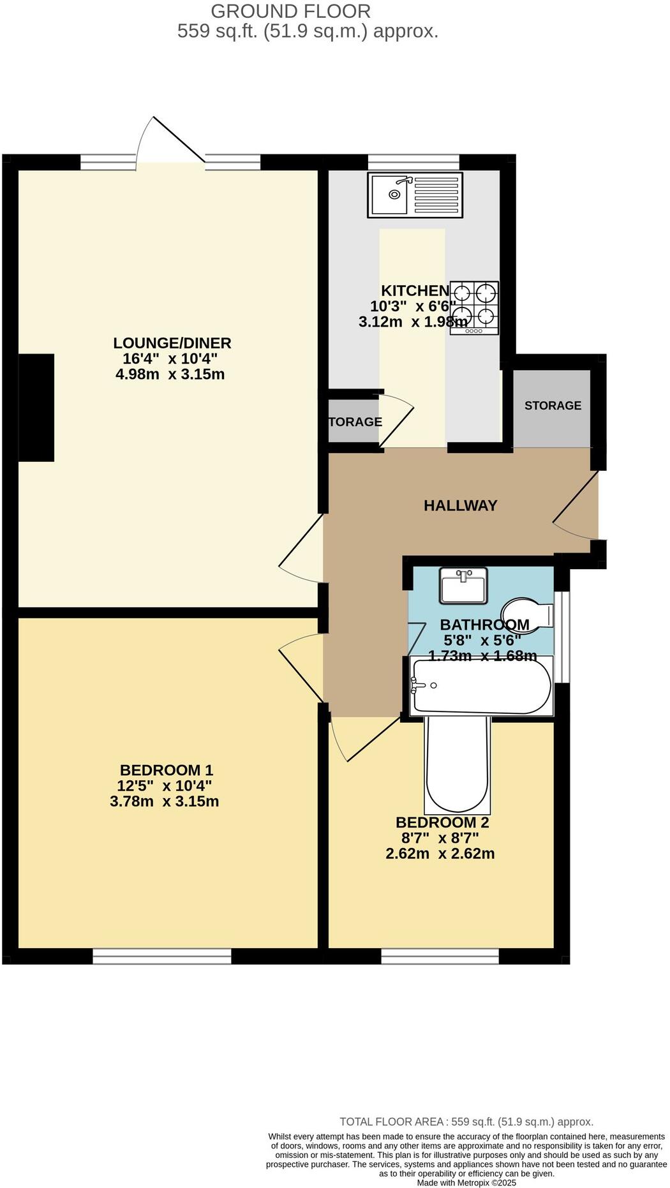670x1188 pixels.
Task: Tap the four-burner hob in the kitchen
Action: click(473, 308)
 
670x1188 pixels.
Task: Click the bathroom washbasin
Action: click(463, 584)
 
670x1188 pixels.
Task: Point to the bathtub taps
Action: click(417, 685)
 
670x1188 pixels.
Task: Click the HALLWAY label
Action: click(460, 506)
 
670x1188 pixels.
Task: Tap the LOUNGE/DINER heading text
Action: click(172, 343)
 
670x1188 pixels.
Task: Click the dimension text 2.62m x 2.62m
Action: click(440, 853)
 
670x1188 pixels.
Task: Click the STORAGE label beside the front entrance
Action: click(553, 406)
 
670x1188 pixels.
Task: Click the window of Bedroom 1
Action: click(162, 955)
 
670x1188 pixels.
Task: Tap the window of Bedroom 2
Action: click(440, 955)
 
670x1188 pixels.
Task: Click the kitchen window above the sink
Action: click(413, 163)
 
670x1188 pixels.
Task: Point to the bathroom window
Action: click(562, 636)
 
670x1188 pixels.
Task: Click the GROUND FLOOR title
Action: click(290, 11)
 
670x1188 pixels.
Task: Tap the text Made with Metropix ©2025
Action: click(466, 1182)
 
